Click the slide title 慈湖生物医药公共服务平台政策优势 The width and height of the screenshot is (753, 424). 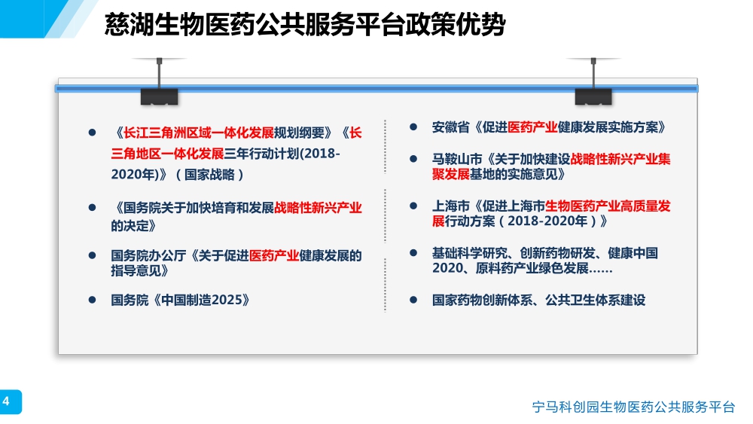pyautogui.click(x=305, y=24)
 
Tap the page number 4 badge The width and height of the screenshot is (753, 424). pyautogui.click(x=10, y=401)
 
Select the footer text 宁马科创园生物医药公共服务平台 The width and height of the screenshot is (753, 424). pyautogui.click(x=633, y=407)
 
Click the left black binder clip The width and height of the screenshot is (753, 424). pyautogui.click(x=160, y=96)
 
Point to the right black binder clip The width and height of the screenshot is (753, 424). pyautogui.click(x=593, y=96)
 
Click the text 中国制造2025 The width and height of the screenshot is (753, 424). pyautogui.click(x=202, y=300)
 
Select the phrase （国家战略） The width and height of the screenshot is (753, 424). pyautogui.click(x=209, y=174)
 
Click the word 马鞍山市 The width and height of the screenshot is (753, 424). pyautogui.click(x=457, y=159)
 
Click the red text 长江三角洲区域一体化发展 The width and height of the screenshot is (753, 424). pyautogui.click(x=198, y=133)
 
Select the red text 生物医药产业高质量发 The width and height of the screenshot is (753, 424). pyautogui.click(x=608, y=206)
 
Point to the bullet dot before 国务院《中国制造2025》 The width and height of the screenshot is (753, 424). pyautogui.click(x=92, y=300)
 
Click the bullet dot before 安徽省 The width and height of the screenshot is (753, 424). pyautogui.click(x=413, y=127)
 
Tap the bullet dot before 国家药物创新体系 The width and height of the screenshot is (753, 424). pyautogui.click(x=413, y=300)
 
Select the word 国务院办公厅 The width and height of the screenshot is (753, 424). pyautogui.click(x=148, y=255)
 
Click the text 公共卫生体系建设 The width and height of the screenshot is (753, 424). pyautogui.click(x=595, y=300)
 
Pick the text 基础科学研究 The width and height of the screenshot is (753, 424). pyautogui.click(x=470, y=253)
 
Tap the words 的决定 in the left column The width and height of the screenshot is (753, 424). pyautogui.click(x=130, y=226)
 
